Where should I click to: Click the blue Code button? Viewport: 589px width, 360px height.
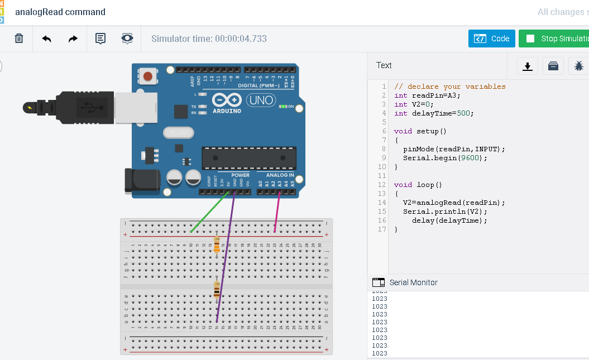pyautogui.click(x=492, y=39)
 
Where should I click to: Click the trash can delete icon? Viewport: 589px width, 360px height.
pyautogui.click(x=19, y=39)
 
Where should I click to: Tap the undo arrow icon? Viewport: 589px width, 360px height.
pyautogui.click(x=47, y=39)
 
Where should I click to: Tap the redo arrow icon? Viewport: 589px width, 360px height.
pyautogui.click(x=73, y=39)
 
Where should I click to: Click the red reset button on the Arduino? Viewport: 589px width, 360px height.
pyautogui.click(x=148, y=75)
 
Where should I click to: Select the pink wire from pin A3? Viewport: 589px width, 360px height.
pyautogui.click(x=277, y=212)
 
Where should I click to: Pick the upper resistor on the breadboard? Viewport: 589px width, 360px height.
pyautogui.click(x=217, y=244)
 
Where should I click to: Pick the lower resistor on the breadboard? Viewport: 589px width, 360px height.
pyautogui.click(x=217, y=290)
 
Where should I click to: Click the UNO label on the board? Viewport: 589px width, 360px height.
pyautogui.click(x=259, y=100)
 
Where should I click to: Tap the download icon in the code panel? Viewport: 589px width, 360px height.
pyautogui.click(x=527, y=66)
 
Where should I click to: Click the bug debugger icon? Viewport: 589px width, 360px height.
pyautogui.click(x=578, y=66)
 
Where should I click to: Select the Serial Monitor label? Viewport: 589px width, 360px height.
pyautogui.click(x=413, y=282)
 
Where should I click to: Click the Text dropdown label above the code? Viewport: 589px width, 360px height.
pyautogui.click(x=384, y=65)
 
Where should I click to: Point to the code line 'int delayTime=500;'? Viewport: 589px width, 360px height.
pyautogui.click(x=434, y=113)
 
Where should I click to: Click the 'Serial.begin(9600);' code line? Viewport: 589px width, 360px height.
pyautogui.click(x=445, y=158)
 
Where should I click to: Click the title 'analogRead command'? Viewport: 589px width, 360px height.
pyautogui.click(x=60, y=12)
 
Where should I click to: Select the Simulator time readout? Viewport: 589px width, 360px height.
pyautogui.click(x=209, y=39)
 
